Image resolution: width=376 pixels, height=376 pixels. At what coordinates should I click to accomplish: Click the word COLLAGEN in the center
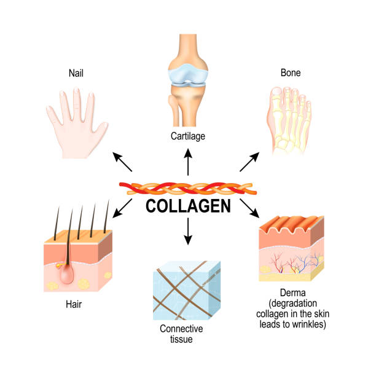pos(188,206)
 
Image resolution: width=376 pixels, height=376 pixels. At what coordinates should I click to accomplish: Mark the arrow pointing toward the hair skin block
pos(125,208)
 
